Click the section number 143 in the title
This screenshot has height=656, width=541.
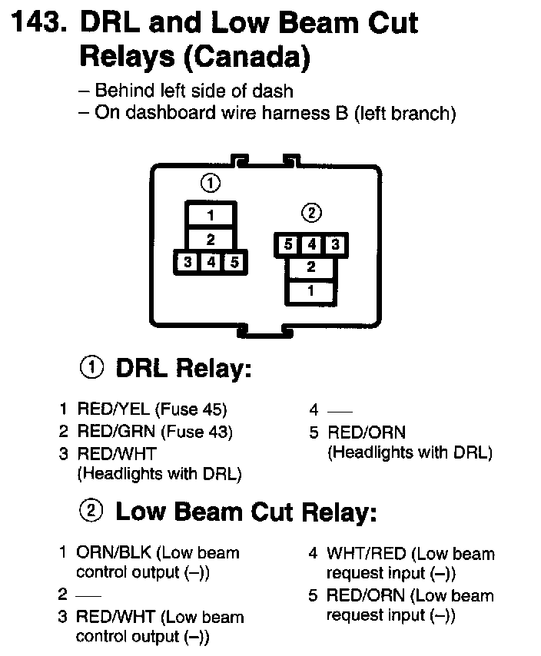coord(35,24)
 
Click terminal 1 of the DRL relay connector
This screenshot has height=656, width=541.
coord(210,216)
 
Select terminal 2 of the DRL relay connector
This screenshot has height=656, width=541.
coord(210,239)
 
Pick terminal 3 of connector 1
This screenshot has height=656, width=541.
coord(188,262)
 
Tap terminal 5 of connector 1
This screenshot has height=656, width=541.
coord(234,262)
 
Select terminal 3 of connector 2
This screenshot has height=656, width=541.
coord(334,245)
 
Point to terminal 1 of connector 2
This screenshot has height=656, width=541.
coord(310,291)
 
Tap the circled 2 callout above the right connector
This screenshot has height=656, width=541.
coord(311,213)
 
